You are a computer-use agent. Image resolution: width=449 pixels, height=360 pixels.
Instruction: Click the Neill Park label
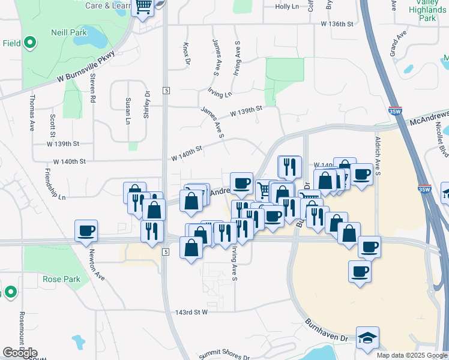[x=68, y=32]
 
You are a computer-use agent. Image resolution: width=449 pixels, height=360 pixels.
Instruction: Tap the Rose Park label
[x=61, y=279]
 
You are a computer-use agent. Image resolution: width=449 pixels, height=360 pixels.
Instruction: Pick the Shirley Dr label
[x=146, y=104]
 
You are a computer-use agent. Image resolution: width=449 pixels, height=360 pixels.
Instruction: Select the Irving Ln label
[x=220, y=94]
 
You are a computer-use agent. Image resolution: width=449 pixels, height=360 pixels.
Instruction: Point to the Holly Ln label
[x=287, y=7]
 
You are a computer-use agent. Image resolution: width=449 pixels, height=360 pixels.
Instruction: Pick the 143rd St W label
[x=191, y=313]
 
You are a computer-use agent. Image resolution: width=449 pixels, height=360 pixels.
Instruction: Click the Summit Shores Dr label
[x=223, y=355]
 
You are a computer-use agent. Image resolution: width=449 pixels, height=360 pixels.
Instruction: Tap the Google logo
[x=20, y=353]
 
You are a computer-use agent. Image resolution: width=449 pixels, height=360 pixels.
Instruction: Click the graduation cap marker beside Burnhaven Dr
[x=367, y=338]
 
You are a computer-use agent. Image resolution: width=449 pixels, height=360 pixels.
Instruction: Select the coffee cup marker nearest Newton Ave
[x=86, y=230]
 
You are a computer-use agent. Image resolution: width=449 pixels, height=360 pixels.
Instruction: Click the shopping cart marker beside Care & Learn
[x=143, y=7]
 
